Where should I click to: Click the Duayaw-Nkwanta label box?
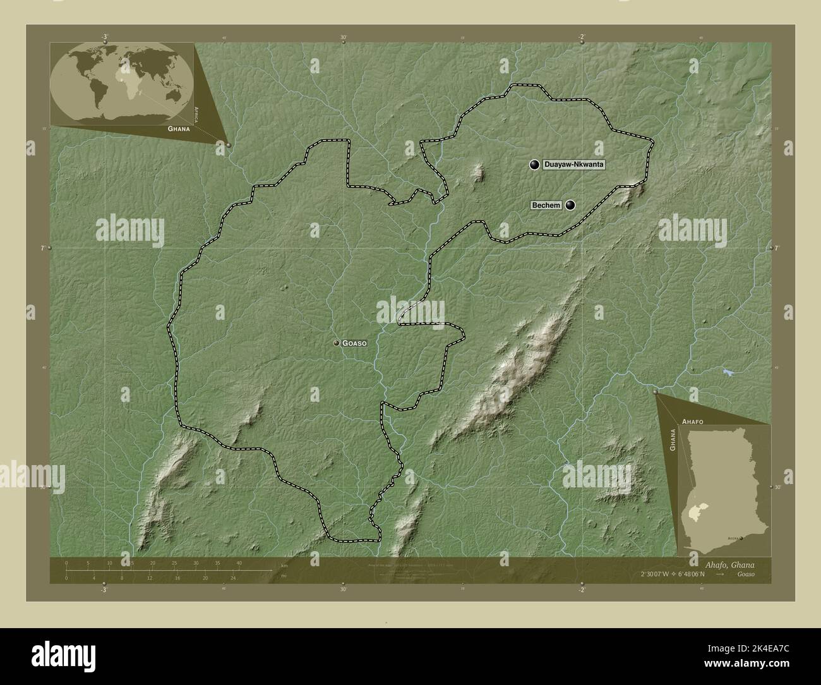573,165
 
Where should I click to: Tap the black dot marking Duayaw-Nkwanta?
535,165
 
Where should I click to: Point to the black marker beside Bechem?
571,205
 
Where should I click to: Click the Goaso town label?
354,343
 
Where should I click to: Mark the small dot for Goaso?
337,343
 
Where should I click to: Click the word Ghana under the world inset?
179,128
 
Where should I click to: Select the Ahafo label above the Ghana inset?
693,420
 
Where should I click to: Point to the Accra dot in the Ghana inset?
741,538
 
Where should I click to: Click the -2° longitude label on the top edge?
581,37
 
